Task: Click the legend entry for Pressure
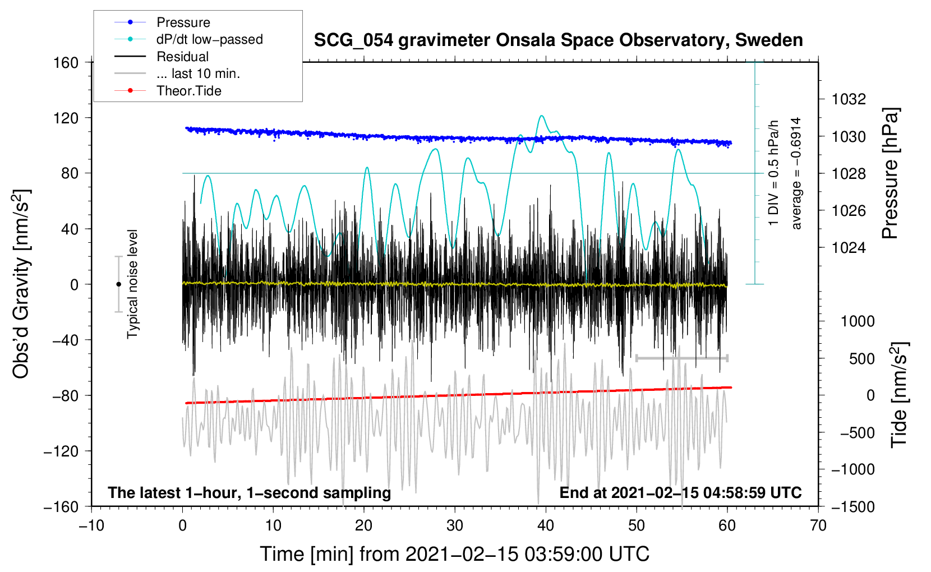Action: [162, 22]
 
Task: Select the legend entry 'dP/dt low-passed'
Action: [188, 39]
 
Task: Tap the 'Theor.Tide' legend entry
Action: [168, 91]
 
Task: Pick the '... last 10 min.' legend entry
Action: [177, 73]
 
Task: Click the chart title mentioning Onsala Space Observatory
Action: [558, 40]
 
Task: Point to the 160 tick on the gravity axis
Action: [66, 63]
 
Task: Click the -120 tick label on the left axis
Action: [61, 451]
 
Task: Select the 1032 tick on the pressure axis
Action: [849, 99]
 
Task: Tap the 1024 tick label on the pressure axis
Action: [849, 248]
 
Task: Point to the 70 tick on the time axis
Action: [818, 525]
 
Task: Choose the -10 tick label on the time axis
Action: [91, 525]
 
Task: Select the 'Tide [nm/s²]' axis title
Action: [900, 395]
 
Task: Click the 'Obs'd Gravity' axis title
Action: [21, 284]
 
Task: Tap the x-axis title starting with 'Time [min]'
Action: [454, 554]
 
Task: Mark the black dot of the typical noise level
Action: [118, 284]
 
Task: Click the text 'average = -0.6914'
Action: [796, 173]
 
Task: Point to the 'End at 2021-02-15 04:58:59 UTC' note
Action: [680, 492]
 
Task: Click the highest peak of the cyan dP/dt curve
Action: [542, 116]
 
